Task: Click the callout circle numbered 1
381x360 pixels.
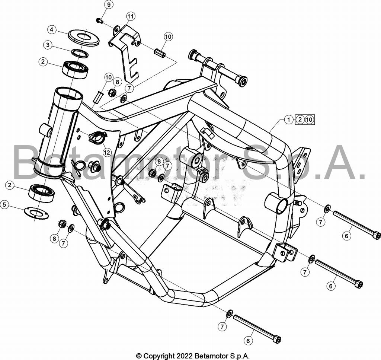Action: click(x=289, y=120)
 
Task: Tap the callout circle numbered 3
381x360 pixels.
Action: click(x=48, y=45)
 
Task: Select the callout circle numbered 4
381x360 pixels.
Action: click(x=51, y=30)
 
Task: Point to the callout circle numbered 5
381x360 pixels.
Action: click(x=4, y=205)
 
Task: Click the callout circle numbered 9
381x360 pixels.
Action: click(x=109, y=4)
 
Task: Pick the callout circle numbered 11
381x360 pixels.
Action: click(x=131, y=16)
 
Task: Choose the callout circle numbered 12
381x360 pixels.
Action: click(x=107, y=152)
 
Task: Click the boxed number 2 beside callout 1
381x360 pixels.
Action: click(x=300, y=120)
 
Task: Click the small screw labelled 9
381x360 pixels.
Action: click(x=100, y=20)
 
